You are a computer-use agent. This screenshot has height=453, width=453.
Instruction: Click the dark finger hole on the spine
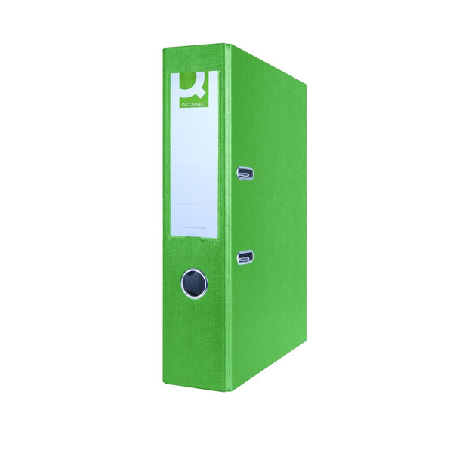tap(194, 283)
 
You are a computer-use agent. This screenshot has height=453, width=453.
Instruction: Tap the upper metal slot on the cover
tap(245, 174)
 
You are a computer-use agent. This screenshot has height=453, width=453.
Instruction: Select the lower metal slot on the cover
tap(245, 258)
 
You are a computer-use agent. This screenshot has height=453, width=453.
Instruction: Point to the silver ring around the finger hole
tap(183, 283)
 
